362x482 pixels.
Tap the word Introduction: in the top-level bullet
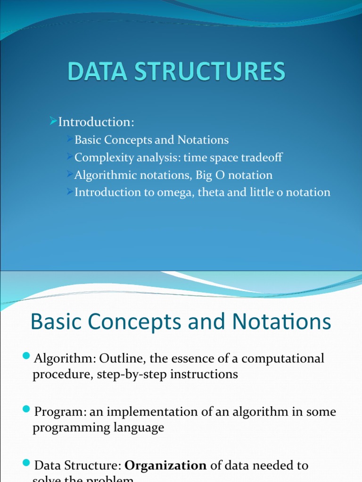click(x=96, y=122)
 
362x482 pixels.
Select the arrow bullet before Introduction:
click(x=53, y=122)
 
